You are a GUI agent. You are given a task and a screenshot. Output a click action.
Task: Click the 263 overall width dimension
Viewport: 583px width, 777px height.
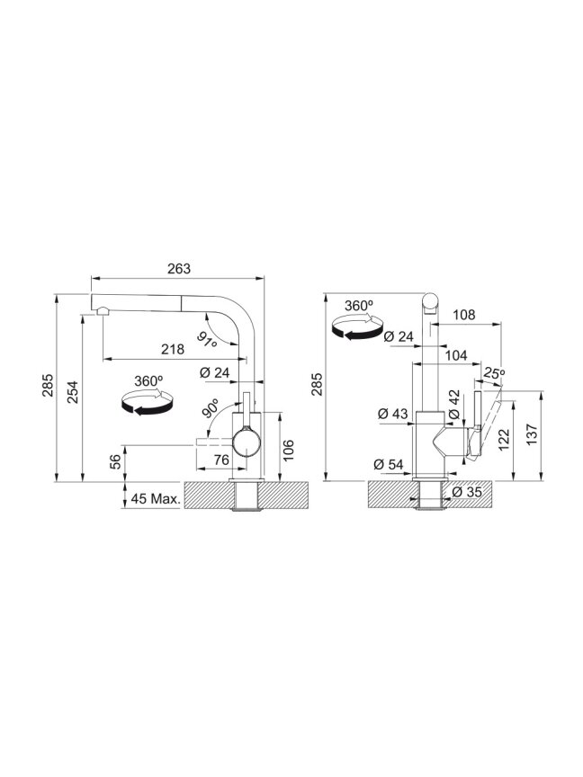pyautogui.click(x=178, y=269)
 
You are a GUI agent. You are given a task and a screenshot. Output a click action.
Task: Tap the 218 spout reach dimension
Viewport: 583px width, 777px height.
pyautogui.click(x=173, y=349)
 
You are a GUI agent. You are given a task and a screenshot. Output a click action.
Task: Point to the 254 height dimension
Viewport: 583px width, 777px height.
pyautogui.click(x=73, y=391)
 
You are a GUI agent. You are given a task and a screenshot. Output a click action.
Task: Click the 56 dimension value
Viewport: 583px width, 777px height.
pyautogui.click(x=115, y=462)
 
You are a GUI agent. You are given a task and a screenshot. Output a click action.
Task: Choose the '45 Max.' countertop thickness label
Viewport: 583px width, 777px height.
pyautogui.click(x=155, y=498)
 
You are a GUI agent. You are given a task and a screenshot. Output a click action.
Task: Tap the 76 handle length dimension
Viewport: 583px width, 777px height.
pyautogui.click(x=221, y=460)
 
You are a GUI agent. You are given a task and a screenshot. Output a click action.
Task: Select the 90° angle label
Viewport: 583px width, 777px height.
pyautogui.click(x=211, y=408)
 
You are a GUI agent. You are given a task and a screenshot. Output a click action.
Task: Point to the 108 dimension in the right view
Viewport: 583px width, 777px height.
pyautogui.click(x=464, y=315)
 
